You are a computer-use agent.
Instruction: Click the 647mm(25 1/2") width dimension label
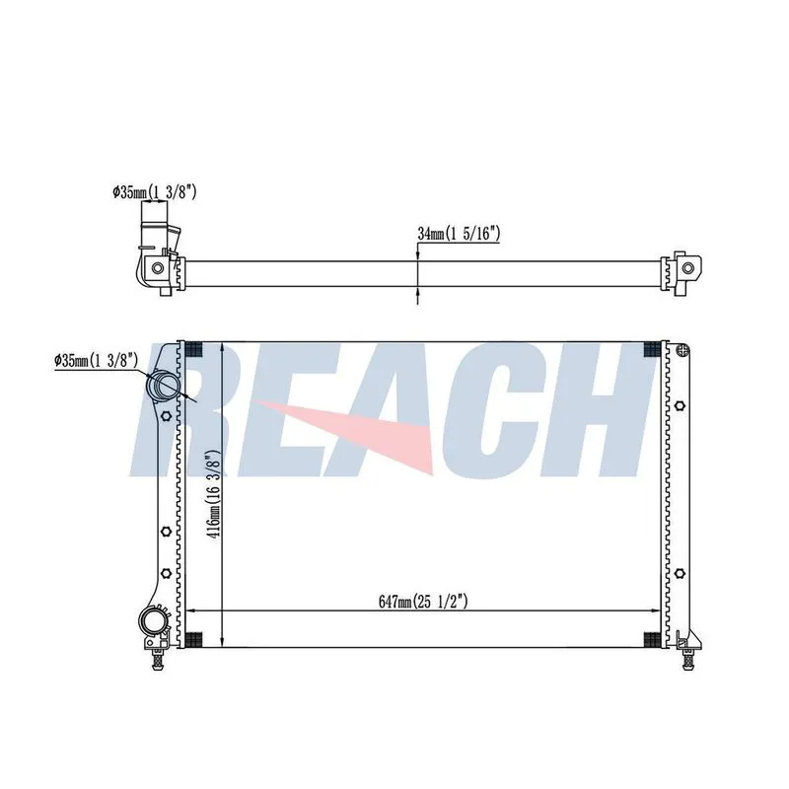(423, 602)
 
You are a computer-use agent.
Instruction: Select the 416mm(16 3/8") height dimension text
(214, 495)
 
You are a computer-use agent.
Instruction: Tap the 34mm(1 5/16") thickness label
(459, 234)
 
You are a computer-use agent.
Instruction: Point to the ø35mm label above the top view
(155, 191)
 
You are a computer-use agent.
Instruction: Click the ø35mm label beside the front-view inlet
(96, 360)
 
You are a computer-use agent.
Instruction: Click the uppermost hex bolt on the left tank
(167, 416)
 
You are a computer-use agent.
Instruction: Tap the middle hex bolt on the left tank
(167, 531)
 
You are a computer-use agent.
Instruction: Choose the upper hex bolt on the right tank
(680, 405)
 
